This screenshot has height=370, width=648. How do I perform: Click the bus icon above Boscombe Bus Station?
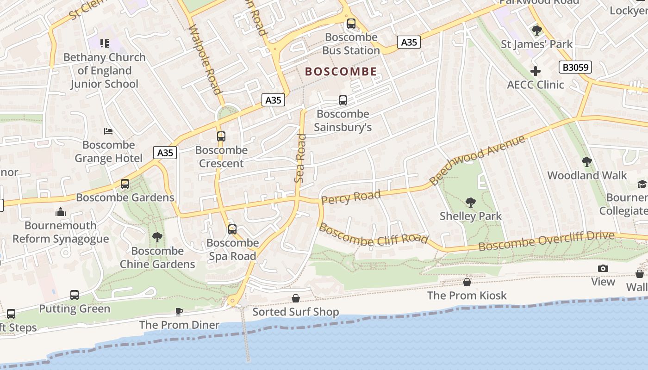pyautogui.click(x=351, y=23)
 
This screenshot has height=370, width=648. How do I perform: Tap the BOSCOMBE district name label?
pyautogui.click(x=341, y=72)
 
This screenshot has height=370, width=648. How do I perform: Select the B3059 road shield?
pyautogui.click(x=575, y=68)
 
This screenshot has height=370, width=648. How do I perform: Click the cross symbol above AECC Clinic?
pyautogui.click(x=536, y=71)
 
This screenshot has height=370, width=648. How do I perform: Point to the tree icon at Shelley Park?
pyautogui.click(x=471, y=202)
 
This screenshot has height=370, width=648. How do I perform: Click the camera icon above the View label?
pyautogui.click(x=603, y=268)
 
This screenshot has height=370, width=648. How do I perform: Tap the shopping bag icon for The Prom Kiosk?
pyautogui.click(x=467, y=282)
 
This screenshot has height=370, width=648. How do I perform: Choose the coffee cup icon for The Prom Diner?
pyautogui.click(x=179, y=311)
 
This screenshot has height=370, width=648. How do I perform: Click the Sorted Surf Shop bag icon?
pyautogui.click(x=295, y=298)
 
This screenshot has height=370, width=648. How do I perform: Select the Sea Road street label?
pyautogui.click(x=301, y=158)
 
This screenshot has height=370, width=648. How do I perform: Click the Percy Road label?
pyautogui.click(x=351, y=197)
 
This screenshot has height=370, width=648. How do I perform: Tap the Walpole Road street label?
pyautogui.click(x=206, y=59)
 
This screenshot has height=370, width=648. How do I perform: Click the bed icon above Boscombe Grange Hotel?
pyautogui.click(x=108, y=131)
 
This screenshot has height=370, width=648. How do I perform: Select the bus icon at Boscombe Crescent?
pyautogui.click(x=221, y=136)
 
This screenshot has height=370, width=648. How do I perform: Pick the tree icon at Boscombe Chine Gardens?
pyautogui.click(x=157, y=237)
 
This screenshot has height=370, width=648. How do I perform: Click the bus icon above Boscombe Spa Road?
pyautogui.click(x=232, y=229)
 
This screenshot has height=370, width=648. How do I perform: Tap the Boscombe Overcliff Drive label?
pyautogui.click(x=546, y=240)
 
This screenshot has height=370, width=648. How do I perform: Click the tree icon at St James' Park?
pyautogui.click(x=536, y=31)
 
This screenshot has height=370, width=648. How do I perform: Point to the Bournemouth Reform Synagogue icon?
pyautogui.click(x=61, y=212)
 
